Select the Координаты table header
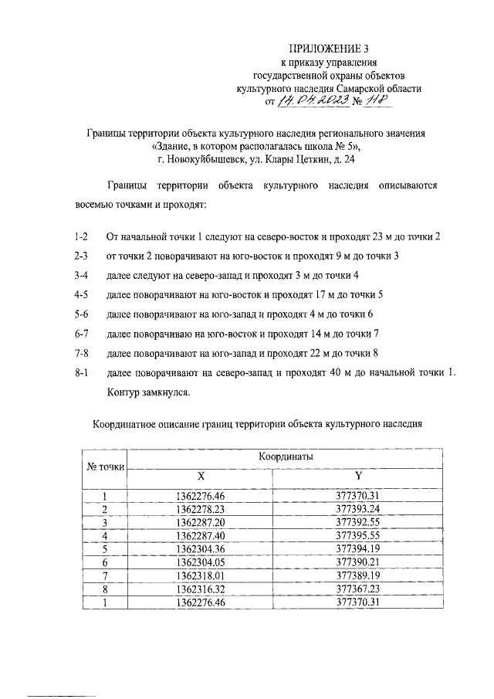pos(285,457)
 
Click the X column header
pos(200,477)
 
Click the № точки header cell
pos(104,467)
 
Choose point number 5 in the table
pos(104,548)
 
